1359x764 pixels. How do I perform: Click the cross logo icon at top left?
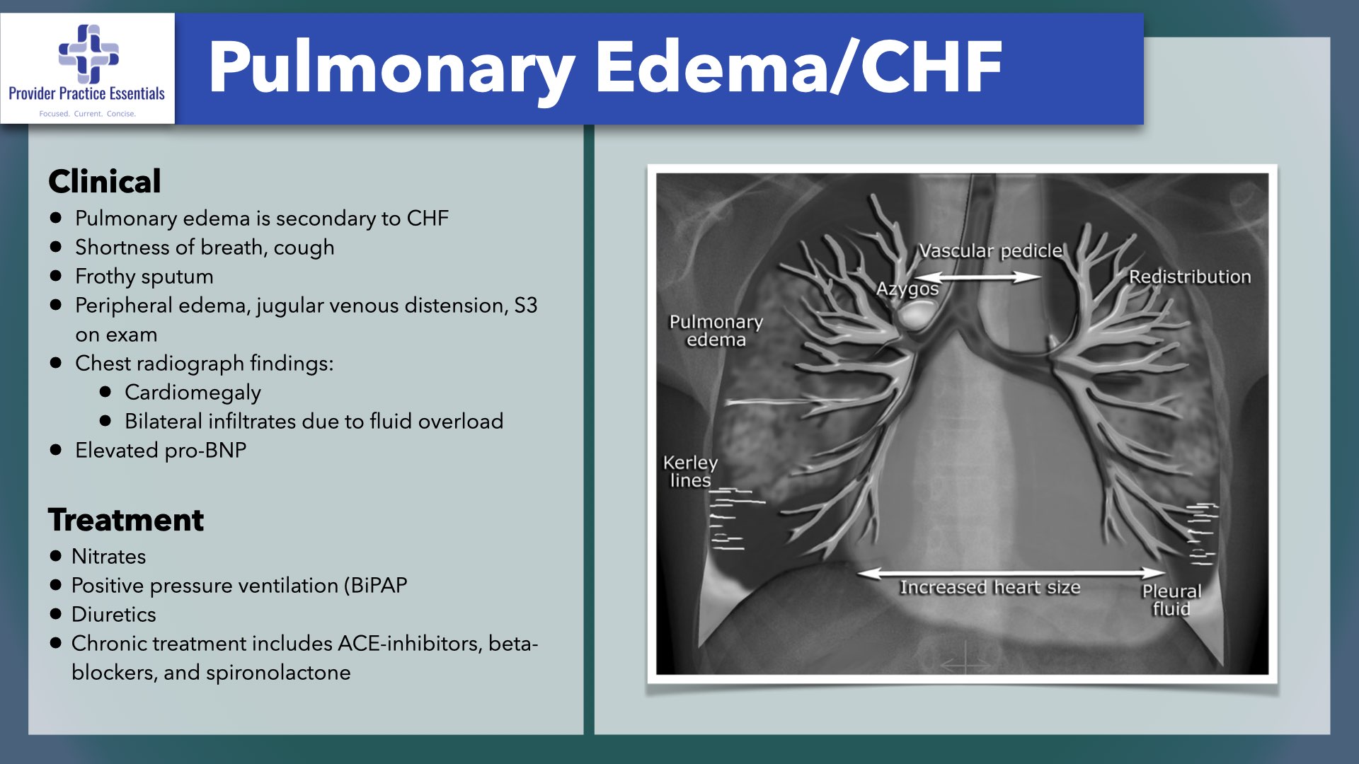click(88, 54)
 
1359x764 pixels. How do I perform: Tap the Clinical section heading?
click(105, 181)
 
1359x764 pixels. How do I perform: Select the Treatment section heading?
click(126, 520)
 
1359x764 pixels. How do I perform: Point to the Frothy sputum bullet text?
click(144, 277)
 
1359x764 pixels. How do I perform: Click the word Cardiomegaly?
click(193, 393)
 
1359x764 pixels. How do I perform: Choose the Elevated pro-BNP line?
click(161, 451)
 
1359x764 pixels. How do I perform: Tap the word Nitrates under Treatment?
click(108, 557)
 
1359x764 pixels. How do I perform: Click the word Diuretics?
click(113, 615)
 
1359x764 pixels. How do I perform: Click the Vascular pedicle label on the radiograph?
click(991, 251)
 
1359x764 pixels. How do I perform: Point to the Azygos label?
click(907, 289)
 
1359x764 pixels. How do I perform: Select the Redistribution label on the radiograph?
click(1190, 277)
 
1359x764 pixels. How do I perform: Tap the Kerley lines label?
click(690, 471)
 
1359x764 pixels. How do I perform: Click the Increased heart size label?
click(990, 588)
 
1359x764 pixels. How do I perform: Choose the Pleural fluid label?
click(1171, 600)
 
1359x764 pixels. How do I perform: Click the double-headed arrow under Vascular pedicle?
click(977, 277)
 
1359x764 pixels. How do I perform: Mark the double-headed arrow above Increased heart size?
click(1011, 572)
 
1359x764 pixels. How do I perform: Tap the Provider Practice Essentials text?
click(86, 93)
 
